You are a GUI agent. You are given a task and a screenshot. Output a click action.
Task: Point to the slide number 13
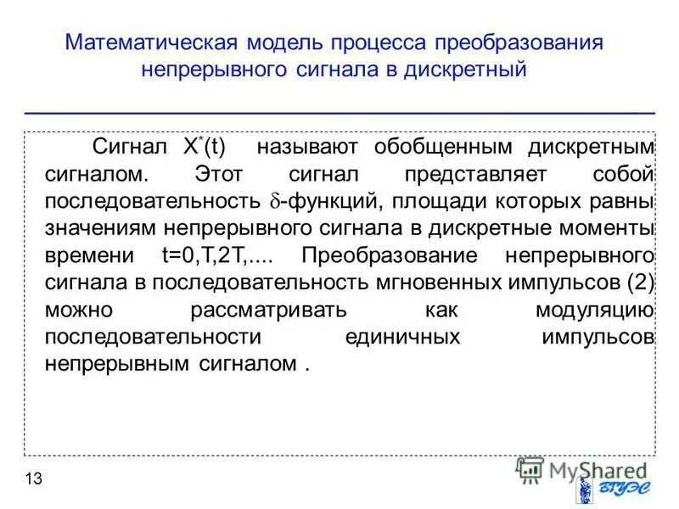click(33, 479)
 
